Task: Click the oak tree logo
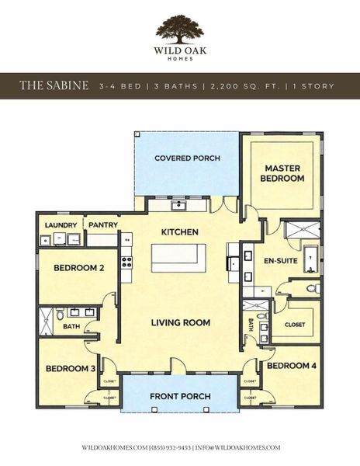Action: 179,29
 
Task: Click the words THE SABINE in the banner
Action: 54,85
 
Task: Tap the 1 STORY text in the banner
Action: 308,85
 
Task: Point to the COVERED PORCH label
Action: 187,158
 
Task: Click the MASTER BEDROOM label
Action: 282,173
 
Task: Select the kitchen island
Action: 178,257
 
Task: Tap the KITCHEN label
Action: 179,232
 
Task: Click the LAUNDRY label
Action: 61,225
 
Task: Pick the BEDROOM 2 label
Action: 78,268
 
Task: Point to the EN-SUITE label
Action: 281,261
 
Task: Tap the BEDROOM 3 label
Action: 70,368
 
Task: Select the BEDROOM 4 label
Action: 291,364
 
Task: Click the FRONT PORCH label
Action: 181,397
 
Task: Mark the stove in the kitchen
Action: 126,263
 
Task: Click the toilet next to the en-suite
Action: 312,289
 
